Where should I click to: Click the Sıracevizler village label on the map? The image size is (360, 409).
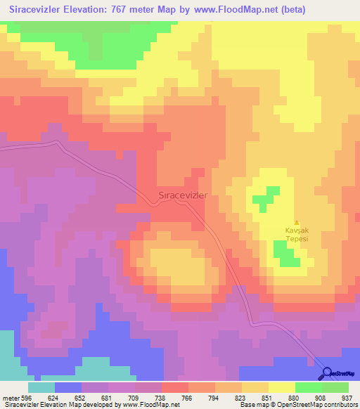coord(180,197)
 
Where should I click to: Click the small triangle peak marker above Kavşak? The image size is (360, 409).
coord(296,223)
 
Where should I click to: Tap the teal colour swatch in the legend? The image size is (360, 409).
coord(41,387)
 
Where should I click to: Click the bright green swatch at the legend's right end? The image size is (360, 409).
coord(335,387)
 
